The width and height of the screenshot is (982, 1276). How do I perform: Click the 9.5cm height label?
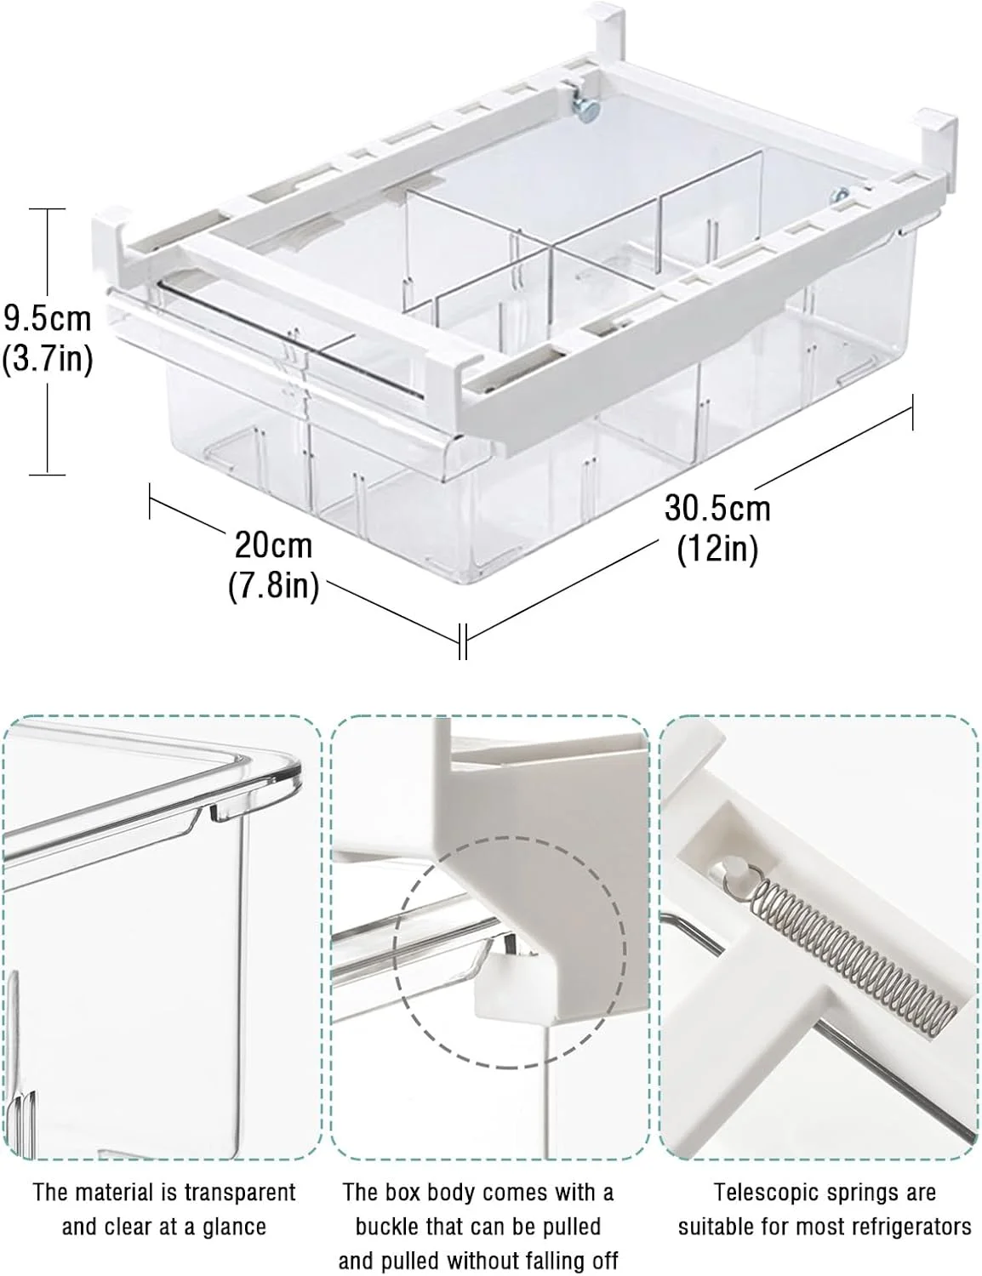point(47,320)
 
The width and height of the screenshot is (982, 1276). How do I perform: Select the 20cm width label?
point(273,545)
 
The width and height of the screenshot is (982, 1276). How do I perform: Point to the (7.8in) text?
point(273,585)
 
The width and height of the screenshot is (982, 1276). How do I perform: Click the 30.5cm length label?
point(717,509)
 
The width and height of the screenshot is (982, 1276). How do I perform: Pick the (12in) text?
point(717,550)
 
